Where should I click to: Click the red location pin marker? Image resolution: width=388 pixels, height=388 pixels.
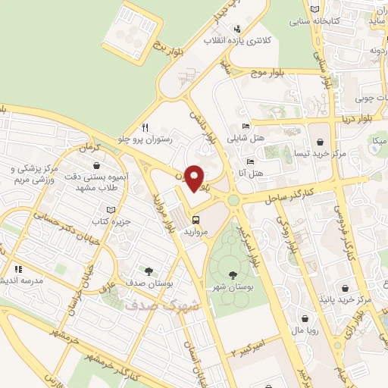point(195,178)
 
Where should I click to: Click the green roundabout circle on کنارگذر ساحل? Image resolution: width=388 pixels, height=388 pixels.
point(233,200)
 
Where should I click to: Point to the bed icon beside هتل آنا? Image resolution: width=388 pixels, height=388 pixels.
point(250,161)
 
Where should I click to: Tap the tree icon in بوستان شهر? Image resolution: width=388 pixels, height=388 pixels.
point(233,274)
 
